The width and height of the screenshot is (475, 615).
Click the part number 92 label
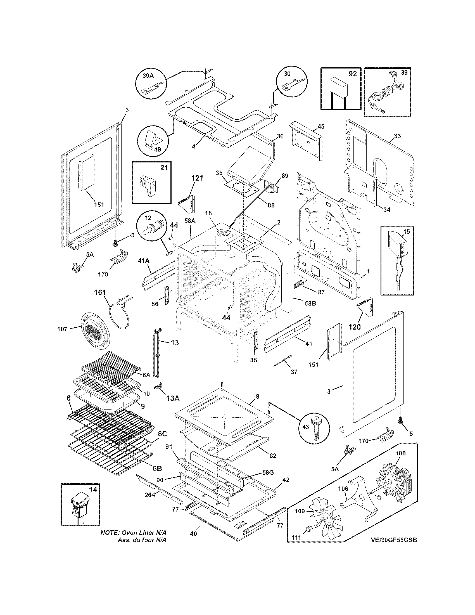(x=352, y=74)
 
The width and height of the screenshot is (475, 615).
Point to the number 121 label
(x=197, y=178)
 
